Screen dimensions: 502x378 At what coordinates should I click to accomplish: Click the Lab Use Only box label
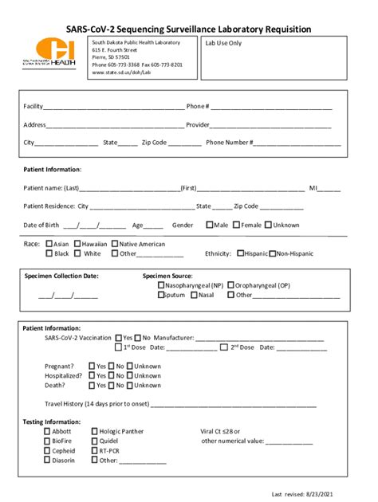coord(223,43)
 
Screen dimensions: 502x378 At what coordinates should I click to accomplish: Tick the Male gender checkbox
coord(210,225)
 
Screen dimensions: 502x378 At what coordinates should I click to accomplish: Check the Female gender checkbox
coord(237,225)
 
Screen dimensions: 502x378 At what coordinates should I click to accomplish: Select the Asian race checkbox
coord(49,244)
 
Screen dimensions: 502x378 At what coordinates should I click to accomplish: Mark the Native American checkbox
coord(116,244)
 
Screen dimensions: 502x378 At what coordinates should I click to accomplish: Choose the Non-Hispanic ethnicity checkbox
coord(273,253)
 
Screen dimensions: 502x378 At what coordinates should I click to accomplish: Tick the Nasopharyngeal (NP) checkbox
coord(162,284)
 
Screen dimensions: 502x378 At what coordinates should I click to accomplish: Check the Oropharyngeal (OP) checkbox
coord(231,284)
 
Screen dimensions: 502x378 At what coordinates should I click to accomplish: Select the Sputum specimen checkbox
coord(162,295)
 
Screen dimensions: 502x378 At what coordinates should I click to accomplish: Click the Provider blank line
coord(271,125)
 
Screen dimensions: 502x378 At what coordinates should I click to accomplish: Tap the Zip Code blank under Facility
coord(185,143)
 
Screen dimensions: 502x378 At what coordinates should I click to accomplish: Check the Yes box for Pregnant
coord(92,366)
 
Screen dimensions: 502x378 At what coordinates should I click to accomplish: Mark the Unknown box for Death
coord(130,385)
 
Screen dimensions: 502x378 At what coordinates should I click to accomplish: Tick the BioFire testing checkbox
coord(47,441)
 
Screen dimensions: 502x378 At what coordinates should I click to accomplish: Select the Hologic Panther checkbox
coord(94,431)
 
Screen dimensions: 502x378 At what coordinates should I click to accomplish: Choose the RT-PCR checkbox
coord(94,450)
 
